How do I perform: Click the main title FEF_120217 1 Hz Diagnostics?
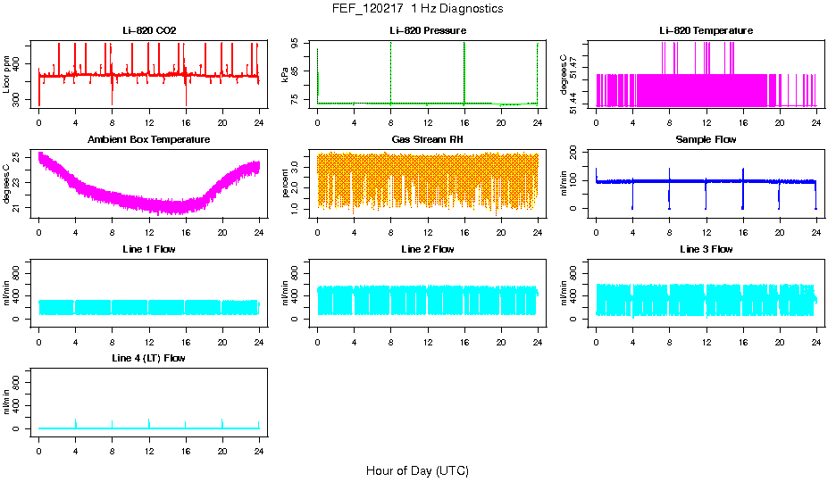417,9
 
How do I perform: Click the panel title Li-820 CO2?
149,31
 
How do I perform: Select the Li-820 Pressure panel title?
427,31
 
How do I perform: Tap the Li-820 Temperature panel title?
706,31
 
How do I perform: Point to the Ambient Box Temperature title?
149,140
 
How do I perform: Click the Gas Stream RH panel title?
427,140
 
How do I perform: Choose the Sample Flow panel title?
706,140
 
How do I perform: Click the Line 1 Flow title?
149,249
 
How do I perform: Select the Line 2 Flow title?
427,249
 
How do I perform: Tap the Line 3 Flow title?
706,249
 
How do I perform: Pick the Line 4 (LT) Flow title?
149,358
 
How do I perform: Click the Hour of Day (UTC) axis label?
417,470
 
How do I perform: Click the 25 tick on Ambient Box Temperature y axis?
18,157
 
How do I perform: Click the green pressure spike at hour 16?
464,71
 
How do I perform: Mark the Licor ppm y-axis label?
7,75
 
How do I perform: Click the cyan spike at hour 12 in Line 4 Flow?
149,422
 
